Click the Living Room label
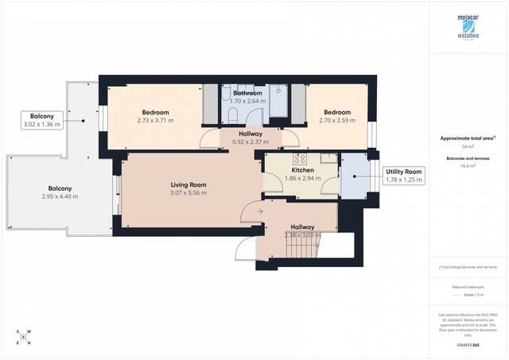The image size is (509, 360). coord(188,185)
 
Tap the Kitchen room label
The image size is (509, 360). coord(303,170)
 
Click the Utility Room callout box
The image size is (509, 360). coord(404,176)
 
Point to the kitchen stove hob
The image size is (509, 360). coord(276,168)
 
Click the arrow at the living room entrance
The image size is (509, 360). coord(251,211)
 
